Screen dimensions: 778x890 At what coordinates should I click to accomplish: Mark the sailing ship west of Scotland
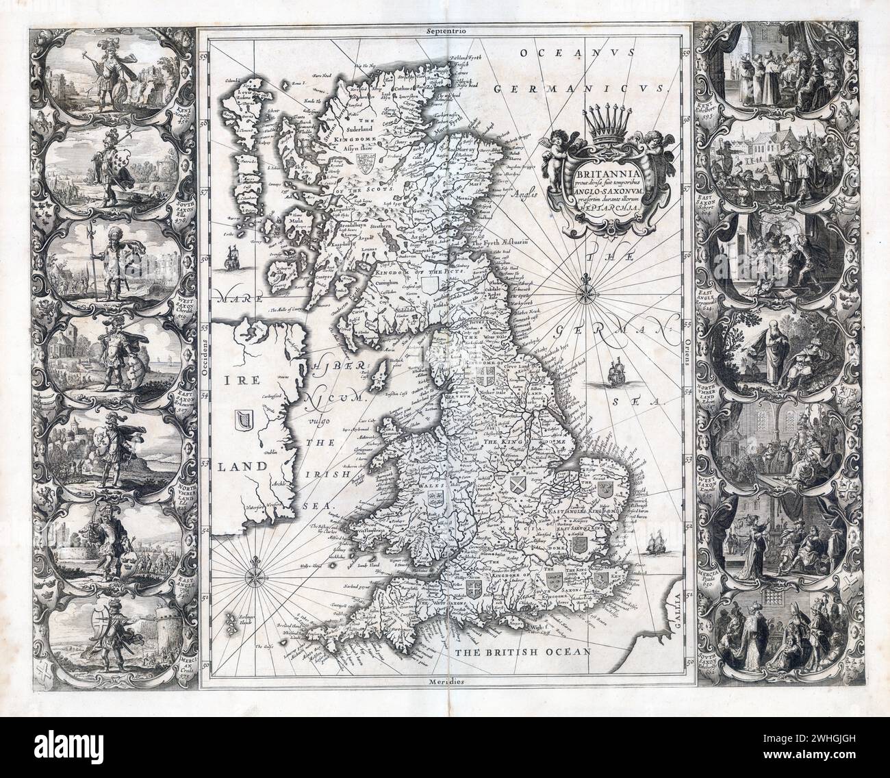tap(231, 259)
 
